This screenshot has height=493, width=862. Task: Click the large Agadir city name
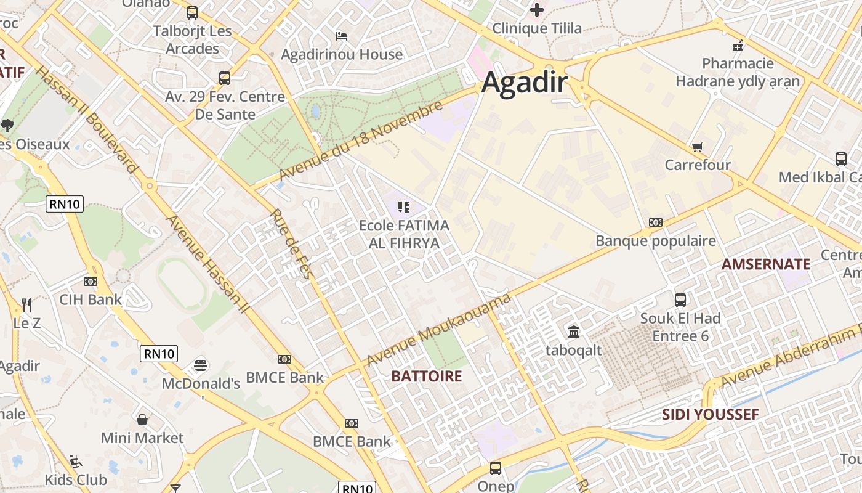(x=524, y=83)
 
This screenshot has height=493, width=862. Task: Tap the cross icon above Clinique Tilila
(x=537, y=10)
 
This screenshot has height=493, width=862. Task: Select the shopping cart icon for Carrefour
(x=697, y=147)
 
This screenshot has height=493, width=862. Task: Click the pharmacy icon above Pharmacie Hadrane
(x=738, y=45)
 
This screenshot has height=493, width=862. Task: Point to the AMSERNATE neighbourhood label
(x=766, y=264)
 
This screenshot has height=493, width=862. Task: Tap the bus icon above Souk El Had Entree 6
(x=680, y=300)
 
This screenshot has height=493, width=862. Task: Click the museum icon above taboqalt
(x=574, y=332)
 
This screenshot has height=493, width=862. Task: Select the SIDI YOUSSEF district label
(x=711, y=414)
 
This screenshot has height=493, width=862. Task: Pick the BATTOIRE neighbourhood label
(x=427, y=376)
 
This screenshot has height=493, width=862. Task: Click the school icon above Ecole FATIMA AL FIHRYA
(x=404, y=207)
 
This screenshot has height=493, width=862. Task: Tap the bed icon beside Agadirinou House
(x=342, y=36)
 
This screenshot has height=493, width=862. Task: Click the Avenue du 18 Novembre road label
(x=361, y=141)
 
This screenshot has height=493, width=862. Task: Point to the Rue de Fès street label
(x=291, y=244)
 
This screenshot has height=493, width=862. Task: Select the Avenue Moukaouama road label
(x=439, y=330)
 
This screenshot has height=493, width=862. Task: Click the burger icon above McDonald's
(x=200, y=365)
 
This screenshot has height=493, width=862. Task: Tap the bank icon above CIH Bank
(x=91, y=282)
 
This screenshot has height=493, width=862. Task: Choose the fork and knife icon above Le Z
(x=26, y=304)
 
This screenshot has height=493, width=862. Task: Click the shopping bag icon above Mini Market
(x=142, y=420)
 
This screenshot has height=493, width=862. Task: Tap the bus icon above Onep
(x=496, y=468)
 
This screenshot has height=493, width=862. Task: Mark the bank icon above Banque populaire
(x=656, y=222)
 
